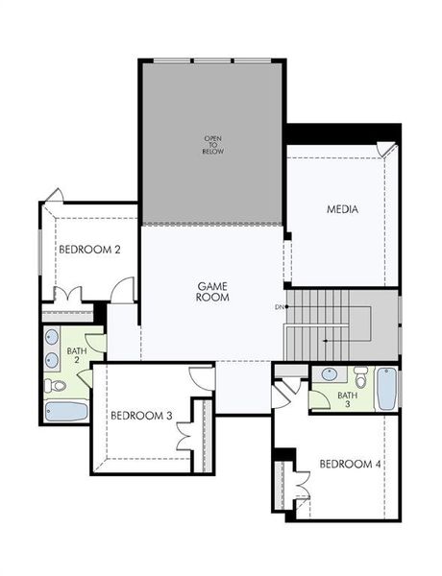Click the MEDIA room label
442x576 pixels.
pyautogui.click(x=342, y=208)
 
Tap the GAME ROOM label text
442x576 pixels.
pyautogui.click(x=212, y=292)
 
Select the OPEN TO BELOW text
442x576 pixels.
pyautogui.click(x=212, y=145)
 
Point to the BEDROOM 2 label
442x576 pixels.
pyautogui.click(x=89, y=250)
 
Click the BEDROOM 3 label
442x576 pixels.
pyautogui.click(x=141, y=416)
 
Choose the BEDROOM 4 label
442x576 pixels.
pyautogui.click(x=351, y=465)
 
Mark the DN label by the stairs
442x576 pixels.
pyautogui.click(x=280, y=307)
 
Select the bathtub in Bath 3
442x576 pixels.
pyautogui.click(x=385, y=389)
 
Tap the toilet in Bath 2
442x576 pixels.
pyautogui.click(x=57, y=386)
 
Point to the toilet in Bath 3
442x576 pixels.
pyautogui.click(x=360, y=375)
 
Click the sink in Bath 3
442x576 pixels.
pyautogui.click(x=330, y=375)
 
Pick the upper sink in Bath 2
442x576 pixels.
pyautogui.click(x=52, y=339)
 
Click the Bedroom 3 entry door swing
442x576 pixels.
pyautogui.click(x=202, y=377)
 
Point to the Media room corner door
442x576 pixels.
pyautogui.click(x=386, y=151)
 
